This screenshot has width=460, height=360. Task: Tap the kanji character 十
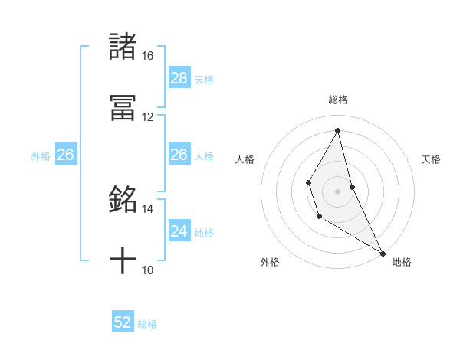(x=123, y=261)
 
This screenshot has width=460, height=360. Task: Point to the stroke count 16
(x=147, y=56)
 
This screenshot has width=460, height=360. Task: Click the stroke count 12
(x=147, y=117)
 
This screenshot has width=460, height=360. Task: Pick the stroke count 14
(x=147, y=208)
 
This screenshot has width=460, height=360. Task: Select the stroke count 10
(x=147, y=270)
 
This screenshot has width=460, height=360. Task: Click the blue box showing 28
(x=179, y=78)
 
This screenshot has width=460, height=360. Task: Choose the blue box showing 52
(x=123, y=322)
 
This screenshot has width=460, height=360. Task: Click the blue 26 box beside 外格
(x=65, y=155)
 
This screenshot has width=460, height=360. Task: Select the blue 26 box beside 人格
(x=179, y=155)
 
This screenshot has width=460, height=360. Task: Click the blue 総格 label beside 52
(x=147, y=324)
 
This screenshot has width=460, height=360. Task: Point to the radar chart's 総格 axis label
(x=338, y=100)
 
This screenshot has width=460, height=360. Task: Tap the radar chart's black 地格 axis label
(x=402, y=262)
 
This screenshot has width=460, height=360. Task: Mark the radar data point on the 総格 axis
(x=338, y=129)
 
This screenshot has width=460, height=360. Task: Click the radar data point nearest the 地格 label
(x=383, y=254)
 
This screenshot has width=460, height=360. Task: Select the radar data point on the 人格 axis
(x=309, y=182)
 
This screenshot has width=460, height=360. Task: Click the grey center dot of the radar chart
(x=338, y=190)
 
